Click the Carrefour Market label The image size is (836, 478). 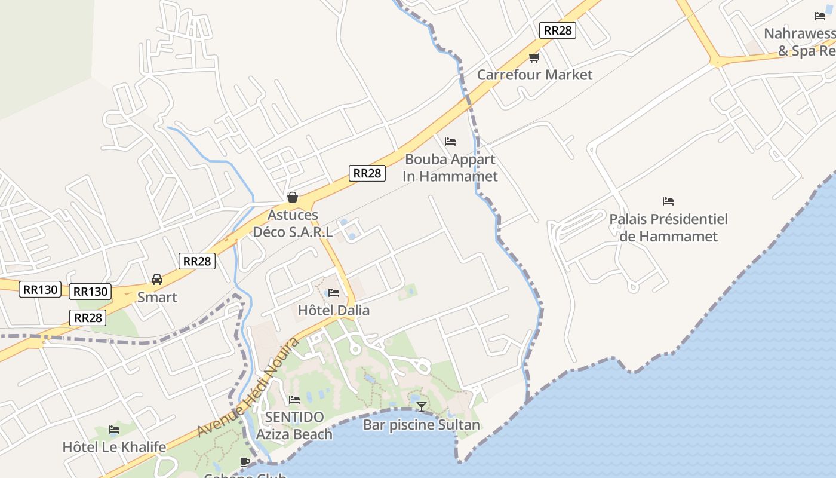(x=534, y=75)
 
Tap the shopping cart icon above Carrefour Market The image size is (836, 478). (x=534, y=57)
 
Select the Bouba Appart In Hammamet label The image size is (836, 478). (x=450, y=168)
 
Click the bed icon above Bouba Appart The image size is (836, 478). (x=450, y=142)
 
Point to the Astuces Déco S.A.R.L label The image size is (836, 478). (x=293, y=223)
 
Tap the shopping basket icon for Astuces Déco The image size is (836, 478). (x=293, y=197)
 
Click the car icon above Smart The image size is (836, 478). (x=157, y=280)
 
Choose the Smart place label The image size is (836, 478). (x=157, y=297)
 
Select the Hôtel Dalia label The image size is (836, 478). (x=334, y=310)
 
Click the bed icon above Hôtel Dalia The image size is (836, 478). (x=334, y=293)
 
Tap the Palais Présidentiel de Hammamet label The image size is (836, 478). (x=668, y=228)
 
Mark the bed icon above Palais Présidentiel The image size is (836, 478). (x=668, y=201)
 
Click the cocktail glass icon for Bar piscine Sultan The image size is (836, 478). (x=422, y=407)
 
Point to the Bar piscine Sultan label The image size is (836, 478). (x=422, y=425)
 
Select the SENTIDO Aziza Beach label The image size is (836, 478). (x=294, y=425)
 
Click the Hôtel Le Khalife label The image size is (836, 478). (x=114, y=446)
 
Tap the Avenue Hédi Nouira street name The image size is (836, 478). (x=248, y=387)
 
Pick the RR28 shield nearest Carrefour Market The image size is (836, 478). (x=557, y=30)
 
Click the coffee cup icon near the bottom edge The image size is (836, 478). (x=244, y=462)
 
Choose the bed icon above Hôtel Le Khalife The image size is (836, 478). (x=114, y=429)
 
